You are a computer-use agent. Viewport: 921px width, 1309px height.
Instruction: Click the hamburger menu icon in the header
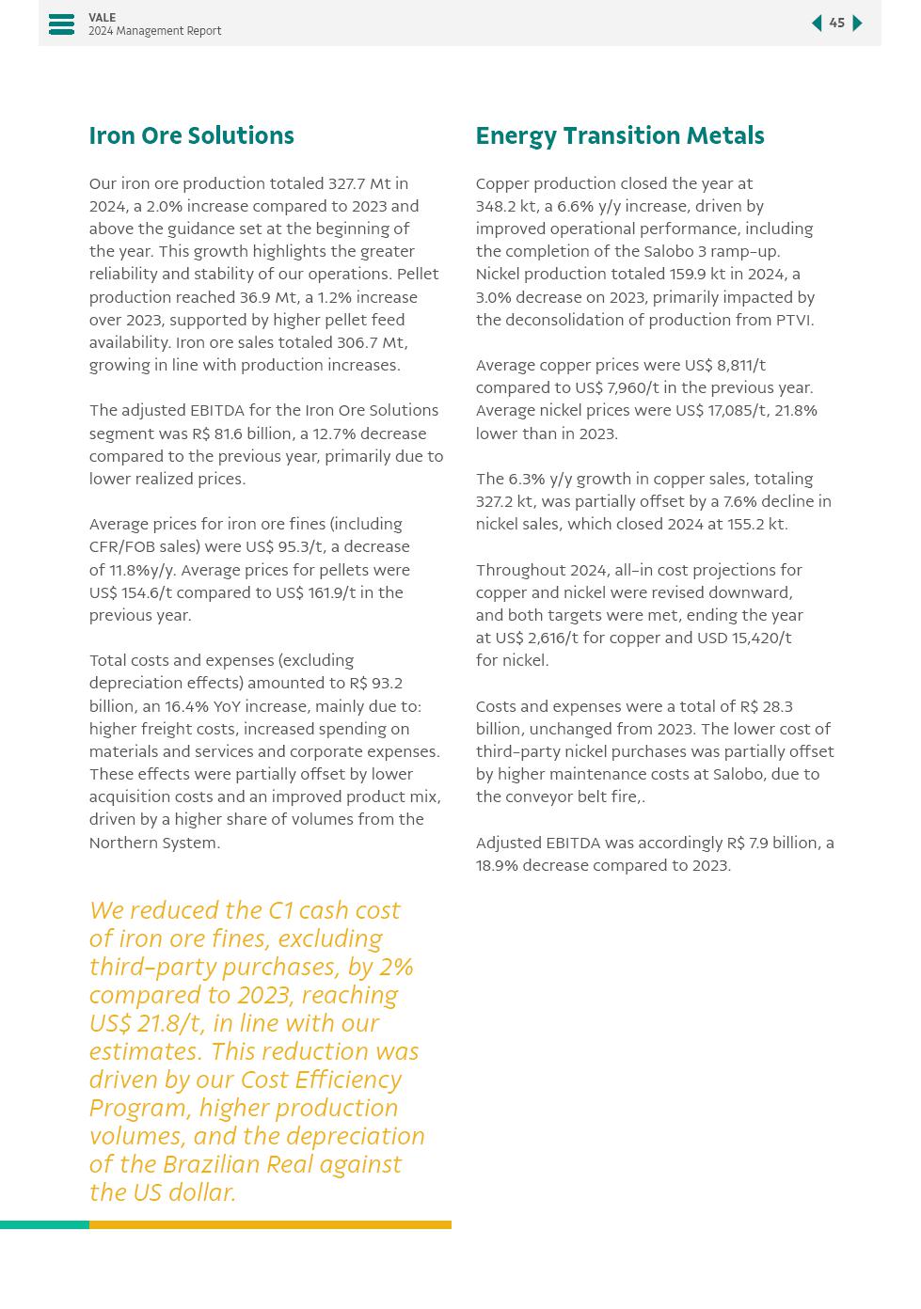61,24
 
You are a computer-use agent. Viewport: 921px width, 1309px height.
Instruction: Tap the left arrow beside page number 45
817,24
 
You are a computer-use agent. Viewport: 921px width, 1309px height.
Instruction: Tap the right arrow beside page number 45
857,24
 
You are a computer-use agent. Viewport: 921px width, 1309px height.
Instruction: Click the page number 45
836,24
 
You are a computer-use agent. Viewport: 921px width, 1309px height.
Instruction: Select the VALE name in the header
103,18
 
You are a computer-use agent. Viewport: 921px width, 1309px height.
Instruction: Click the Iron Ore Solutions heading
191,136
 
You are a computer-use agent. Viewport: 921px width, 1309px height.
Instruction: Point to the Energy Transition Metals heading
619,136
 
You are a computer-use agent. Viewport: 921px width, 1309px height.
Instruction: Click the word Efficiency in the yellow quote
347,1080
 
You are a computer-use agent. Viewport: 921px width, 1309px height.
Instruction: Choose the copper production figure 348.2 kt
507,207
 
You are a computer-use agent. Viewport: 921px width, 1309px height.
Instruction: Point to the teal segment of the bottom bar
44,1225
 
